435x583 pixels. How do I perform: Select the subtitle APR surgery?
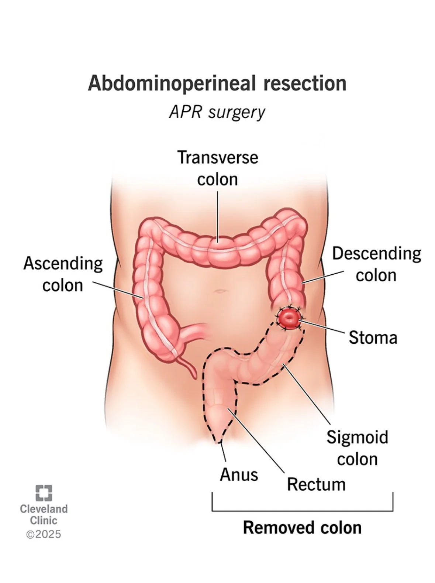click(x=217, y=112)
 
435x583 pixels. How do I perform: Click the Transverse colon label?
click(x=218, y=168)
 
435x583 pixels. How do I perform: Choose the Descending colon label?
click(x=376, y=264)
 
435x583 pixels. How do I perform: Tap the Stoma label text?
click(x=373, y=337)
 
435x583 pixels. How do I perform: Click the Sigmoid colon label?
click(x=357, y=448)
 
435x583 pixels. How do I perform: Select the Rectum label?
click(x=316, y=484)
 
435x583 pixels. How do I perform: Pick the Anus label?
click(x=239, y=474)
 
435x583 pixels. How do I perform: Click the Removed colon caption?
click(x=302, y=527)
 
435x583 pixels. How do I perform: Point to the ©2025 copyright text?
click(x=44, y=534)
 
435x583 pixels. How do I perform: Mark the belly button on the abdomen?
click(x=220, y=291)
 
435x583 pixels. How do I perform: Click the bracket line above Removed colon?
click(x=302, y=511)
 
